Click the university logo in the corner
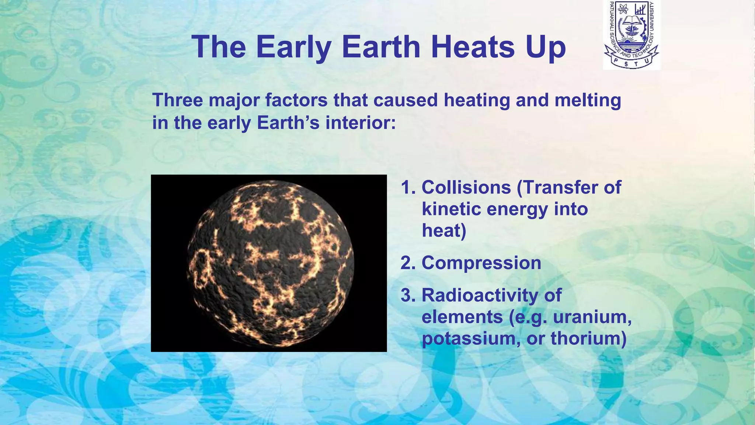pos(631,35)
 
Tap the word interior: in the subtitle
pos(360,122)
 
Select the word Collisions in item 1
pos(466,187)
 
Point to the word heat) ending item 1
pos(444,231)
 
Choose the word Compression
pos(481,263)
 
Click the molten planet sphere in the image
pos(270,263)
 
